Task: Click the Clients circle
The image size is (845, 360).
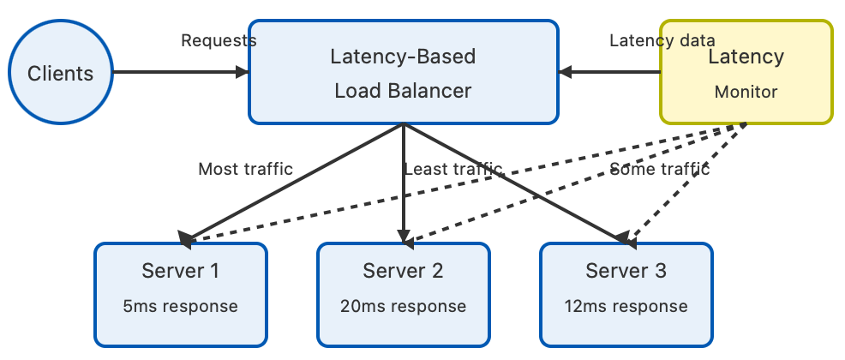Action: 61,72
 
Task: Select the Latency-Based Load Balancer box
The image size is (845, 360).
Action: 403,72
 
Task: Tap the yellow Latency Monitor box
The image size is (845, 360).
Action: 746,72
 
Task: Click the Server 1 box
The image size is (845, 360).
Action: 181,295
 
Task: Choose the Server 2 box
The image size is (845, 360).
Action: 403,295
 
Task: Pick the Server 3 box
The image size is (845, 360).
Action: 626,295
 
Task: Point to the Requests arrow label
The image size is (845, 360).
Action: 219,40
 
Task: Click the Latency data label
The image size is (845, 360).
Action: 662,40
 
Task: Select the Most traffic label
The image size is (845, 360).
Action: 246,169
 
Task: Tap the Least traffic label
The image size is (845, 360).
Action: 453,169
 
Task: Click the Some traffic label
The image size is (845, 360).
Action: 660,169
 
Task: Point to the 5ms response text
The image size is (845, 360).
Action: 181,307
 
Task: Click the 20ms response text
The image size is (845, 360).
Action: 403,307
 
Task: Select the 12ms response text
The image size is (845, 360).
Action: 626,307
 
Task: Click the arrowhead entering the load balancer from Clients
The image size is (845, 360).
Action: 242,72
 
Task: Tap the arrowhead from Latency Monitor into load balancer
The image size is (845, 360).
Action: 566,72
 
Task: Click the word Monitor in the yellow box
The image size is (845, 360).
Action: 746,93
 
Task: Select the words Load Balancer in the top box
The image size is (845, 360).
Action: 403,91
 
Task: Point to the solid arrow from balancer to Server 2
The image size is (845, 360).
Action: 403,183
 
